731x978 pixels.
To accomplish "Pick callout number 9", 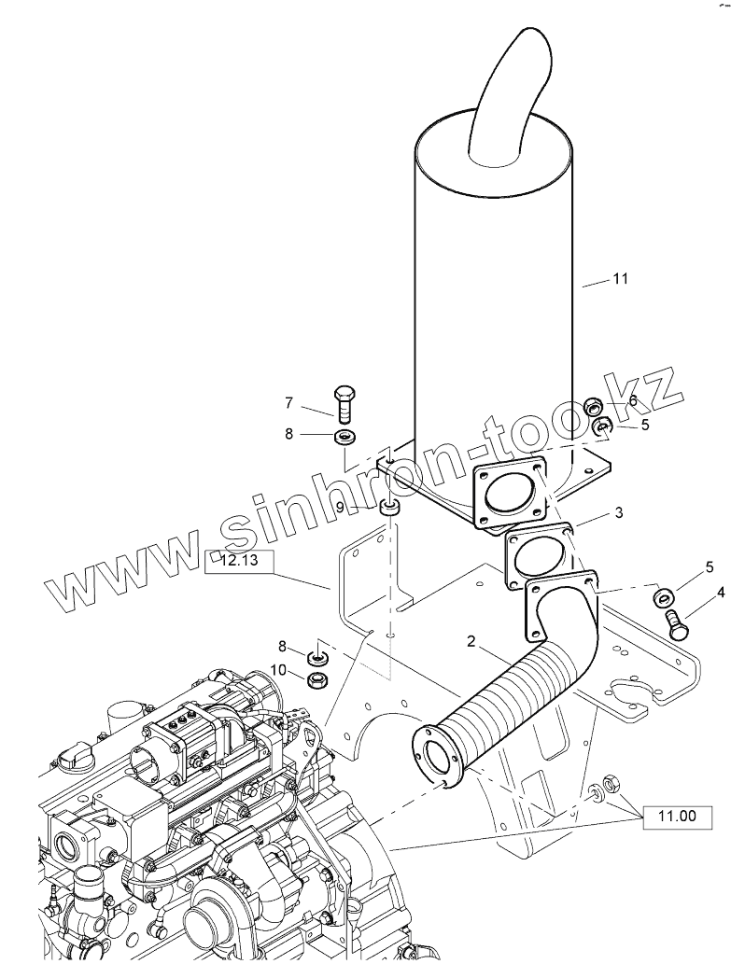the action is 340,506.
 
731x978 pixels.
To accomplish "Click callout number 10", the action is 279,668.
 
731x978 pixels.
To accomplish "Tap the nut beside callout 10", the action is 318,678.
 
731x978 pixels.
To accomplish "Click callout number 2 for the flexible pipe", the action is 471,641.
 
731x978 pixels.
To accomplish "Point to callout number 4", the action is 720,591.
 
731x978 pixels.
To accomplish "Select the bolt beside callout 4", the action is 677,622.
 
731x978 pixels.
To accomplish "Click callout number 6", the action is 632,399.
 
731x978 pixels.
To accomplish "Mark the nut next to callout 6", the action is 592,406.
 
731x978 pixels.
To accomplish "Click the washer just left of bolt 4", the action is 666,596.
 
